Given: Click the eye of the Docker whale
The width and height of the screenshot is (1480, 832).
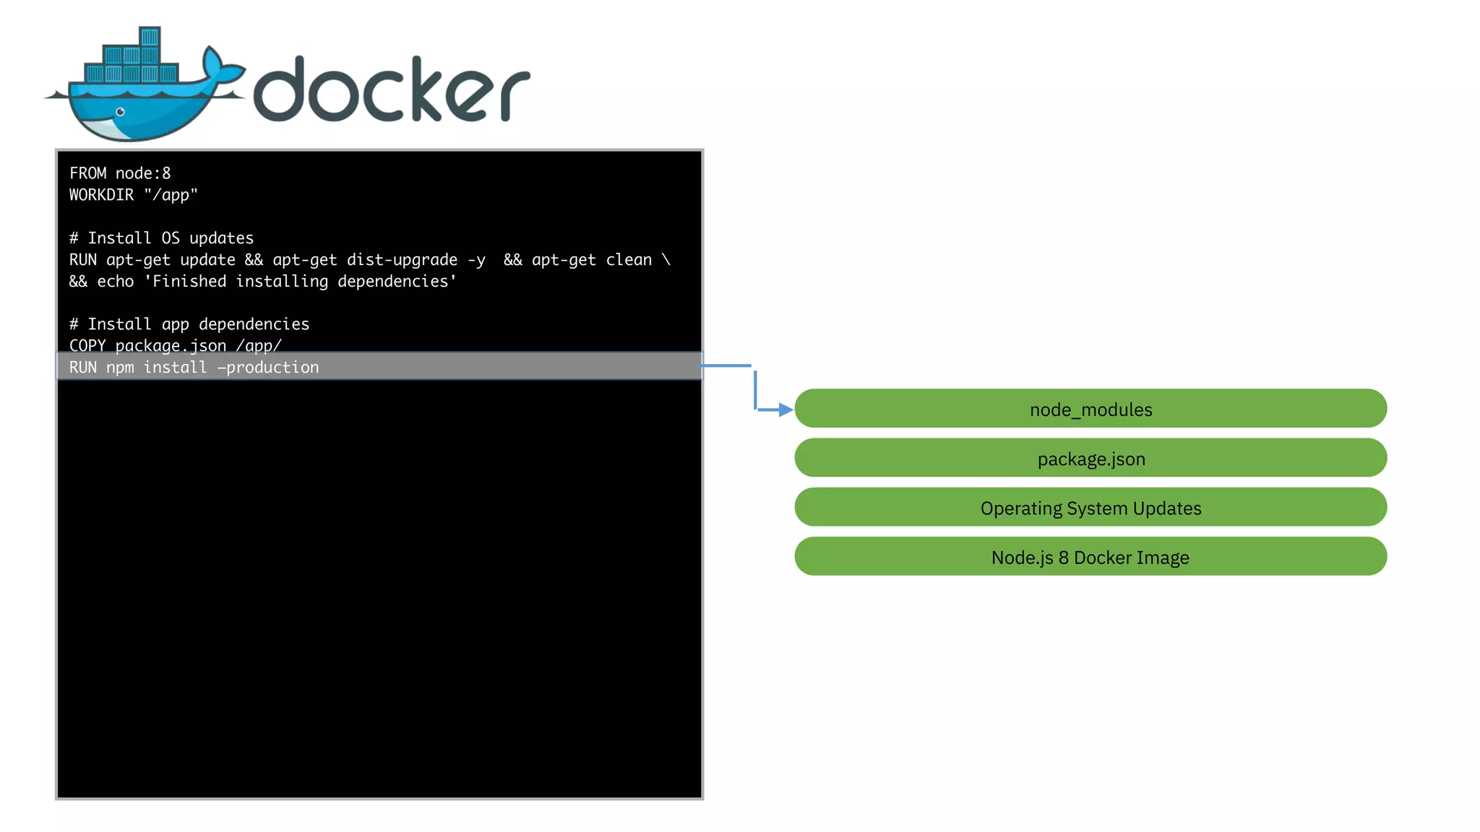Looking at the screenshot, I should pos(121,112).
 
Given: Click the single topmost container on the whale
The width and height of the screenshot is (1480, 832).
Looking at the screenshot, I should pos(150,37).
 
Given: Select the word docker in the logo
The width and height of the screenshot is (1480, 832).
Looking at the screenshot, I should pos(391,89).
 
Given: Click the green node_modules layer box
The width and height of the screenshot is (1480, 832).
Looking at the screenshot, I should pos(1090,409).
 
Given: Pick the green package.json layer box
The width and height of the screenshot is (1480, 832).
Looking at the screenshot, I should pos(1090,458).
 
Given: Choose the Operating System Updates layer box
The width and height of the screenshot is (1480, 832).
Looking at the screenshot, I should pos(1090,507).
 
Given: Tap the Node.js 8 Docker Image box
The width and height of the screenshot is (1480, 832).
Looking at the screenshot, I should pos(1090,556).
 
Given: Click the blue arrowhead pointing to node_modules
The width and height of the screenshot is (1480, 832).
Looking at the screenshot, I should pos(786,409).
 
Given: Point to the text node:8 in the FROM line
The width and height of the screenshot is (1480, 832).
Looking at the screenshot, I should pos(143,173).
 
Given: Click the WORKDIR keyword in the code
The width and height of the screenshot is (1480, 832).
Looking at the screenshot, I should pos(101,195).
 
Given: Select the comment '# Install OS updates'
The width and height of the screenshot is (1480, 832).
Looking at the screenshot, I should pos(161,238).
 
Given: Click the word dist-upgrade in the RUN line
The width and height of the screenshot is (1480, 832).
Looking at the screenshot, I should pos(402,260).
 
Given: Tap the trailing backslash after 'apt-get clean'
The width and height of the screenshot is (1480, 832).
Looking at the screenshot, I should pos(666,260).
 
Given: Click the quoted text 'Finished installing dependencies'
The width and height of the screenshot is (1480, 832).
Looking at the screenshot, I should pos(300,282).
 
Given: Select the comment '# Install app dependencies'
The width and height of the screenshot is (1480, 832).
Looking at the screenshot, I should pos(189,324).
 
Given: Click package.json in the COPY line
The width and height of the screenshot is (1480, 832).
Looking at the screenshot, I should pos(171,346).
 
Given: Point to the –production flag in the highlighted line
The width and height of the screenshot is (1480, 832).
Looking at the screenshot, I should pos(268,368).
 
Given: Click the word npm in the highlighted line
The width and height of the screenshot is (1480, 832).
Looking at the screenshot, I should pos(120,368).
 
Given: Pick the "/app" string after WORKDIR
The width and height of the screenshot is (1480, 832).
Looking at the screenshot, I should pos(171,195).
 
